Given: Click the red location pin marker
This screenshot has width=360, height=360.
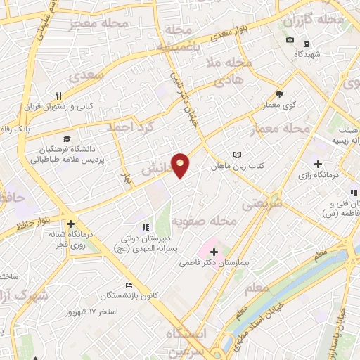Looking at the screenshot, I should pyautogui.click(x=181, y=165).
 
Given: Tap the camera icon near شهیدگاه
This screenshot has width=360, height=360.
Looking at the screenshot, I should pyautogui.click(x=290, y=39).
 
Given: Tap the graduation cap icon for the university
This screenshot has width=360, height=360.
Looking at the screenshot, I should pyautogui.click(x=66, y=139).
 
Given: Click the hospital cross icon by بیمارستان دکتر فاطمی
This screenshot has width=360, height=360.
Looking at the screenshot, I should pyautogui.click(x=214, y=252).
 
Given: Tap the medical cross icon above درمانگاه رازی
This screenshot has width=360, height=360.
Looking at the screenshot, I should pyautogui.click(x=319, y=163).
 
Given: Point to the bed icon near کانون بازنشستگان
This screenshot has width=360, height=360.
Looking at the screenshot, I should pyautogui.click(x=128, y=285).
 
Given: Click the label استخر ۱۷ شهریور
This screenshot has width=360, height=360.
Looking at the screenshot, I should pyautogui.click(x=93, y=311).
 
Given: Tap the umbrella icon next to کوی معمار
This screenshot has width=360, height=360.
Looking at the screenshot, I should pyautogui.click(x=279, y=94).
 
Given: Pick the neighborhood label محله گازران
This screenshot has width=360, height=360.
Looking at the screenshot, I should pyautogui.click(x=314, y=21).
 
